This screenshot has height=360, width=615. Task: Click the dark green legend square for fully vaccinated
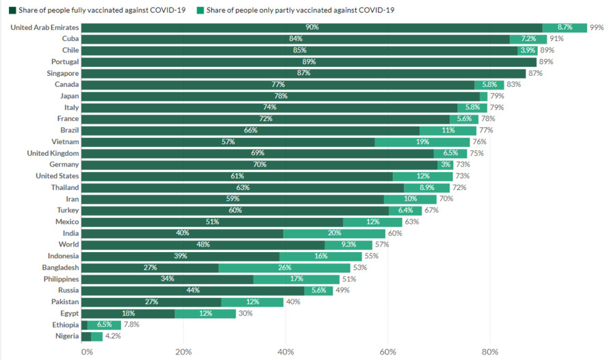click(12, 10)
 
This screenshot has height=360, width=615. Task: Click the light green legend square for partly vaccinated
click(200, 10)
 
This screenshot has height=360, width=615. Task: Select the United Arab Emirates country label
click(45, 27)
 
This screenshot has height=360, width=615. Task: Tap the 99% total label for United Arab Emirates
click(597, 27)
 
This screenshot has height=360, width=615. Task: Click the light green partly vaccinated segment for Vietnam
click(422, 141)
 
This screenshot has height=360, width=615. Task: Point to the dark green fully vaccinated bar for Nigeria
click(86, 336)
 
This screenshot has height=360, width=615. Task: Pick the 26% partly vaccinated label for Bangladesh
click(284, 267)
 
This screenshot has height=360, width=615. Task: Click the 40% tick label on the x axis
click(286, 352)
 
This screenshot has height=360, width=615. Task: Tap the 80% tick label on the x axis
click(490, 352)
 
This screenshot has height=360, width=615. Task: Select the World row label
click(68, 245)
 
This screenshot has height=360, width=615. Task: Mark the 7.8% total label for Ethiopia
click(132, 324)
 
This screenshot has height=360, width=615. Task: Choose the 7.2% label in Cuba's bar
click(528, 39)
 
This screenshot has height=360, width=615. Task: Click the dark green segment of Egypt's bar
click(128, 313)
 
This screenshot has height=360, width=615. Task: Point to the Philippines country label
click(60, 279)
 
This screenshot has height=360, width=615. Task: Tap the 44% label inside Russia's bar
click(193, 290)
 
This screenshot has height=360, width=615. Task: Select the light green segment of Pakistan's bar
click(252, 301)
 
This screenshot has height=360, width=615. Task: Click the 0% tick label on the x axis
click(87, 352)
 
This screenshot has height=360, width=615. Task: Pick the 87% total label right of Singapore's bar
click(535, 73)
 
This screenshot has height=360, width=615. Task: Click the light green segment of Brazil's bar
click(448, 130)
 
